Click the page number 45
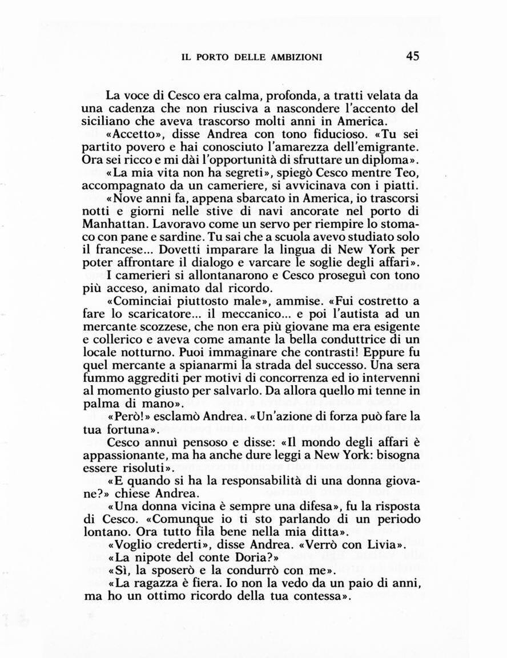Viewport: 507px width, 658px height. [x=413, y=56]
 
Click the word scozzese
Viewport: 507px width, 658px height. [x=166, y=327]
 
